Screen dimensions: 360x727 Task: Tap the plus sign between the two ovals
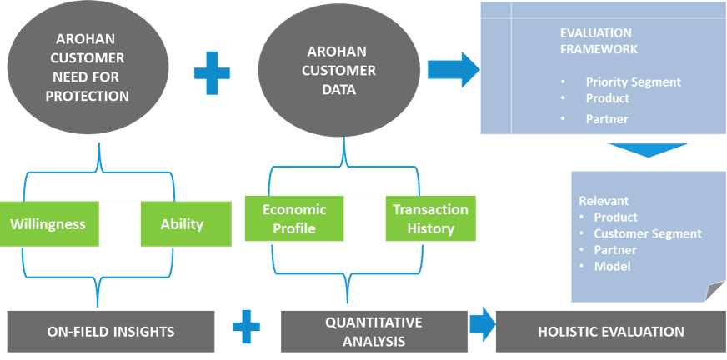point(212,72)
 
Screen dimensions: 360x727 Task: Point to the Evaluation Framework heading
point(599,41)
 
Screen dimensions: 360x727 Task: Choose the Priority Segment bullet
point(633,82)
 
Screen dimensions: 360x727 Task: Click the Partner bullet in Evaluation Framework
point(606,119)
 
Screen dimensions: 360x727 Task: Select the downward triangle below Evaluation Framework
point(648,151)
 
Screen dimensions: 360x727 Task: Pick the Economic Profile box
point(294,218)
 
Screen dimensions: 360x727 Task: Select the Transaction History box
point(430,219)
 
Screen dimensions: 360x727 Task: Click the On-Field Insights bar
point(110,331)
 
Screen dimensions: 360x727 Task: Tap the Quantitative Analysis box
point(374,331)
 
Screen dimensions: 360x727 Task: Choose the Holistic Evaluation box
point(610,331)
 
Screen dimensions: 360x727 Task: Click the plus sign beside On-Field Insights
point(246,326)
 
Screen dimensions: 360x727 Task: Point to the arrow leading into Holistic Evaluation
point(481,325)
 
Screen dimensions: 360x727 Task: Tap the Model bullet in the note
point(612,266)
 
